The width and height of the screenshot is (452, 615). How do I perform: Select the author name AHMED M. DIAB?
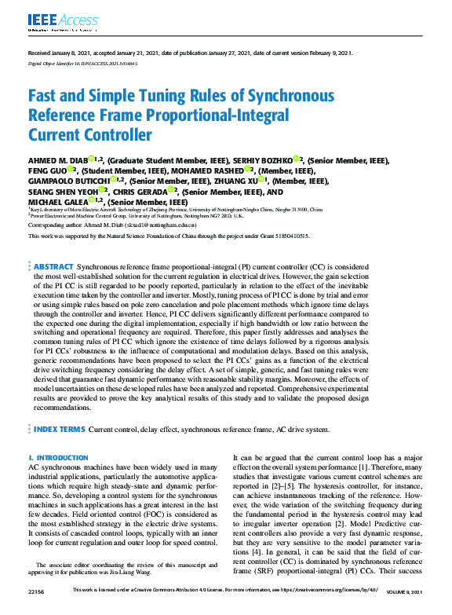[58, 159]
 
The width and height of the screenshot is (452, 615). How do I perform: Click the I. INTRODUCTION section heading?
[53, 456]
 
